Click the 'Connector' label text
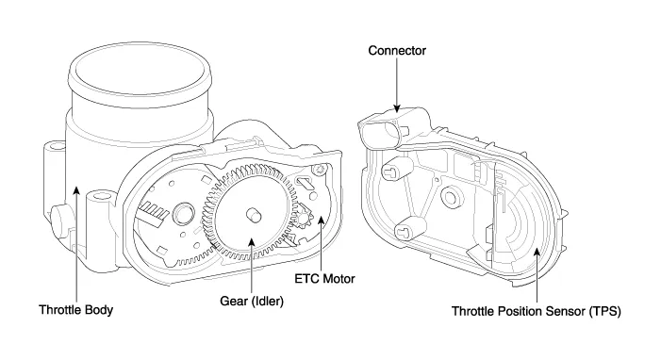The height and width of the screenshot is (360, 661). pos(397,51)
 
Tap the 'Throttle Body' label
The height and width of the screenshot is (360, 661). pos(75,310)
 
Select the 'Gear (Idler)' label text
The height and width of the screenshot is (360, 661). pos(252,301)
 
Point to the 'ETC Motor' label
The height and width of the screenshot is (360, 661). pos(324,279)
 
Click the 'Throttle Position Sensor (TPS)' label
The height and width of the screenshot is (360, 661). pos(537,312)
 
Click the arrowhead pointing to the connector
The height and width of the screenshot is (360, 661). pos(397,108)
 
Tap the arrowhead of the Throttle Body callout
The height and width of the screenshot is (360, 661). pos(76,191)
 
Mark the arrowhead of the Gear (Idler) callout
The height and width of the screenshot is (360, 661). pos(252,241)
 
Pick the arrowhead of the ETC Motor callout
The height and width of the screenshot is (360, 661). pos(322,221)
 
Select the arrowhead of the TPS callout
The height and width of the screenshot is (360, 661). pos(537,252)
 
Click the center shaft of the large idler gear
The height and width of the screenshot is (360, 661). pos(254,215)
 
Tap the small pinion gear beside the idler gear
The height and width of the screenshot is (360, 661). pos(303,219)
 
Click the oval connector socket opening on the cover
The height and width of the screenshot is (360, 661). pos(381,134)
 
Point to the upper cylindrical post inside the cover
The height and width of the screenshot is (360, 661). pos(396,169)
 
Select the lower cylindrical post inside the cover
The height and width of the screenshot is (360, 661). pos(408,229)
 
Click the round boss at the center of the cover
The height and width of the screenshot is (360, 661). pos(450,197)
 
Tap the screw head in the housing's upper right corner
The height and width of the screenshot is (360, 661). pos(319,169)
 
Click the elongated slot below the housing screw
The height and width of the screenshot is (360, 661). pos(305,183)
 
